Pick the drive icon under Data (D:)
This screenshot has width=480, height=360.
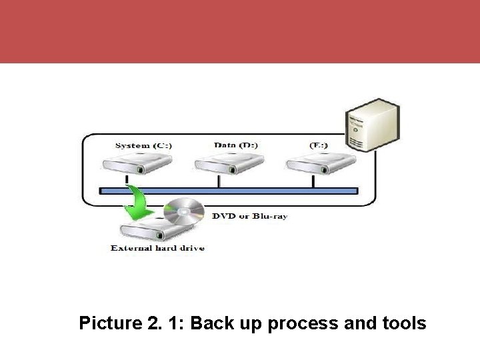[218, 163]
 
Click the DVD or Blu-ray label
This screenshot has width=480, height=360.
[249, 216]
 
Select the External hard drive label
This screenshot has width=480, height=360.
[157, 248]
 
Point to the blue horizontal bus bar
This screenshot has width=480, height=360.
[228, 191]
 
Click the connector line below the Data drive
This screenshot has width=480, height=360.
[218, 181]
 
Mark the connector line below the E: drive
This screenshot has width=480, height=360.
[311, 181]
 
